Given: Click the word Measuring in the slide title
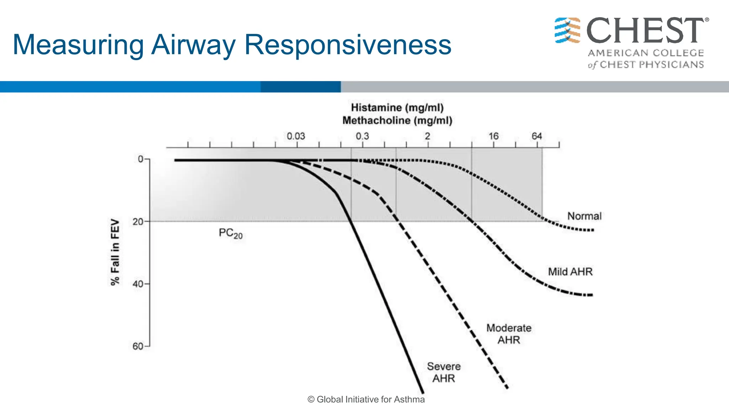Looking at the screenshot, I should click(x=78, y=45).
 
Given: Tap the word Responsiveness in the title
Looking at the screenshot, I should click(x=348, y=45).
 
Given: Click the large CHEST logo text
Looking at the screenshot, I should click(x=645, y=31).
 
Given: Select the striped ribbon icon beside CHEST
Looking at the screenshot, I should click(x=567, y=30).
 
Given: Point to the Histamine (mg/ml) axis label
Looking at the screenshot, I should click(x=397, y=107).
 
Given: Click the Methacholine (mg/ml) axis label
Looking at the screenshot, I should click(x=397, y=121).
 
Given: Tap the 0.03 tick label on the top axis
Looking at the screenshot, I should click(x=296, y=136).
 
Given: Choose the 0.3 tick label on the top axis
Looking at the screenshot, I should click(x=362, y=136).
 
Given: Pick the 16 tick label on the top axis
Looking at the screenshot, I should click(x=493, y=136).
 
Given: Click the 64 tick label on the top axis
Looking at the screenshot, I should click(x=537, y=136).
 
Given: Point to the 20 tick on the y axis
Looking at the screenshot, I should click(x=138, y=222).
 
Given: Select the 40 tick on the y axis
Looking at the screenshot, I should click(x=138, y=284).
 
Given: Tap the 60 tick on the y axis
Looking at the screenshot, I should click(x=138, y=346).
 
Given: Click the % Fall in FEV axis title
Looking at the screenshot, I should click(x=115, y=252).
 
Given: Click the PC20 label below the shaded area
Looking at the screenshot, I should click(x=230, y=233).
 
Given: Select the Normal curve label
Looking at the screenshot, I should click(x=584, y=216).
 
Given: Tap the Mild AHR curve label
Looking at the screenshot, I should click(x=570, y=272).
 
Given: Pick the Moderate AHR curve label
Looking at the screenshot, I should click(x=509, y=334).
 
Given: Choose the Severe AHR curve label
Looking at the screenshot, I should click(x=444, y=372).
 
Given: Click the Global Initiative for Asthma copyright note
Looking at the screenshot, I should click(x=366, y=400).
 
